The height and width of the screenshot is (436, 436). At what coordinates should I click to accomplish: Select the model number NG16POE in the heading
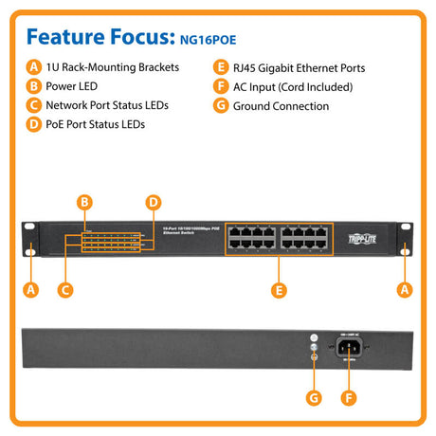[204, 40]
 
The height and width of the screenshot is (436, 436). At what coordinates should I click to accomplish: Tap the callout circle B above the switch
[84, 202]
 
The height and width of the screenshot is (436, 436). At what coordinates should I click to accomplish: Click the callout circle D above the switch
[152, 202]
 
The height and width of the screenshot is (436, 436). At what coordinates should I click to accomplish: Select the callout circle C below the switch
[64, 291]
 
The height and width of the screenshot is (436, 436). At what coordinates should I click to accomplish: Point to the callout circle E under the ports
[278, 291]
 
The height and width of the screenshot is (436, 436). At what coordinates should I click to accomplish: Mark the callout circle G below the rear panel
[315, 397]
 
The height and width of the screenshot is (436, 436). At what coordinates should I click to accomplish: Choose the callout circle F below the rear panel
[351, 397]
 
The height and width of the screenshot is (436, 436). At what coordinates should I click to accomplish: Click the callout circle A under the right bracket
[404, 291]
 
